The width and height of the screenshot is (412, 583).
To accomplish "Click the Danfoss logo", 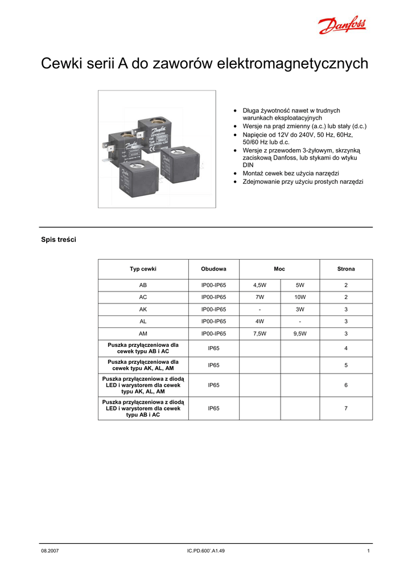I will (342, 26).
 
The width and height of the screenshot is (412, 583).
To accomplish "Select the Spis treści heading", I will (58, 240).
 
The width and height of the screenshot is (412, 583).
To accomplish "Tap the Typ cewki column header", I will (143, 269).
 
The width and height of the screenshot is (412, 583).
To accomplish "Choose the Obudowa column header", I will (213, 269).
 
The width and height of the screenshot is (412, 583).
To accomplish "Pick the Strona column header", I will (345, 269).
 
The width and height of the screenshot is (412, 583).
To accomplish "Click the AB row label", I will (143, 285).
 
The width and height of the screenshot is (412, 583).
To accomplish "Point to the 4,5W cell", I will (259, 285).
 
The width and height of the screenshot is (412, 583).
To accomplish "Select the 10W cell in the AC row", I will (300, 297).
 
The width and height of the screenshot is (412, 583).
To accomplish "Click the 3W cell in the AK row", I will (300, 309).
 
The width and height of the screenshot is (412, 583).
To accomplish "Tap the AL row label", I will (143, 322).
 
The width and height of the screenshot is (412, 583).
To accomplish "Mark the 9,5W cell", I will (300, 334).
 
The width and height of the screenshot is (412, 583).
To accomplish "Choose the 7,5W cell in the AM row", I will (259, 334).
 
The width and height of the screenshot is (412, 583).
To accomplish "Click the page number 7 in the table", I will (345, 408).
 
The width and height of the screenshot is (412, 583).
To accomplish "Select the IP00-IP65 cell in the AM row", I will (213, 334).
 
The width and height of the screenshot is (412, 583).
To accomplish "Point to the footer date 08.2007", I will (50, 551).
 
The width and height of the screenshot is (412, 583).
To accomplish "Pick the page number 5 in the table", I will (345, 365).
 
